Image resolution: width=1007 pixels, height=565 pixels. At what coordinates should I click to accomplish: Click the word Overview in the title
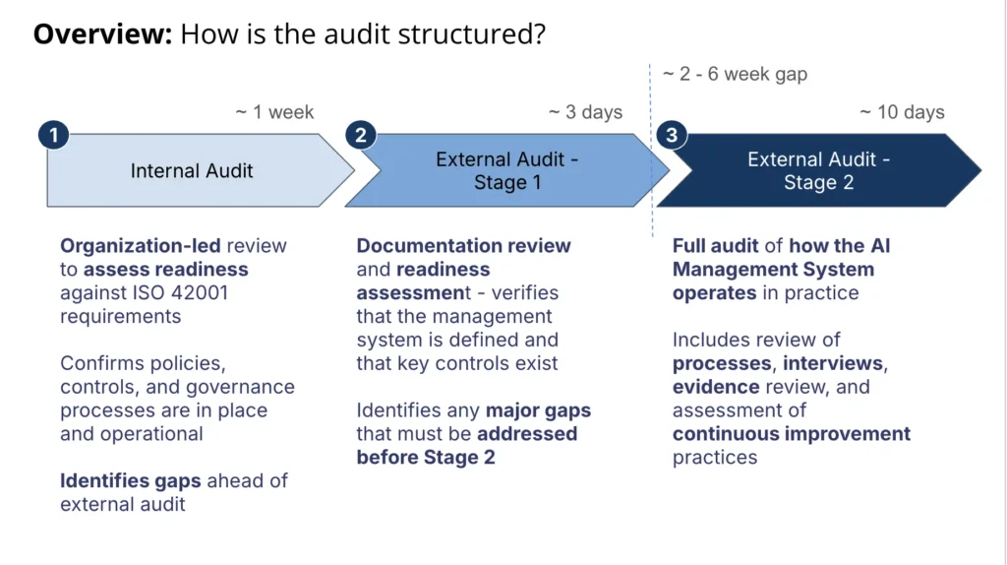point(102,34)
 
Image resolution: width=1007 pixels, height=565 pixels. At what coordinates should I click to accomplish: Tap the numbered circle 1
point(53,134)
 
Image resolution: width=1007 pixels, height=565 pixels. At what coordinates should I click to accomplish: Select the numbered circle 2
point(360,134)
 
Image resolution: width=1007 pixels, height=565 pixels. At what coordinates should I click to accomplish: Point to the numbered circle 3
point(672,134)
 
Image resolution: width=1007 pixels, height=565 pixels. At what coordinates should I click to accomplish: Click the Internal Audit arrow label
point(192,171)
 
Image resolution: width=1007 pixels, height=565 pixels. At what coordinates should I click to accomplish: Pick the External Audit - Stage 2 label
point(818,171)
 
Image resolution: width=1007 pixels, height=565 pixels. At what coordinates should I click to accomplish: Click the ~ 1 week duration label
point(274,112)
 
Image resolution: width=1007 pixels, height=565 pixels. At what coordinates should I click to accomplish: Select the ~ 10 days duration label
point(901,112)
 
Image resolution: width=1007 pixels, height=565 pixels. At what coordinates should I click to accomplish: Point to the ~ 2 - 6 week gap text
point(734,75)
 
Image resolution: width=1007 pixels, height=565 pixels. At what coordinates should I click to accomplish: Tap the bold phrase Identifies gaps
point(131,481)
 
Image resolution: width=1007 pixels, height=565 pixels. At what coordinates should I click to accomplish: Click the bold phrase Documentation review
point(463,246)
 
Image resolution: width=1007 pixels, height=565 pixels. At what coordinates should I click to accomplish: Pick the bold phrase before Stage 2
point(425,458)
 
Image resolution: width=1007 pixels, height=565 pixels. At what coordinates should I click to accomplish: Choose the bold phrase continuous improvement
point(791,434)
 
